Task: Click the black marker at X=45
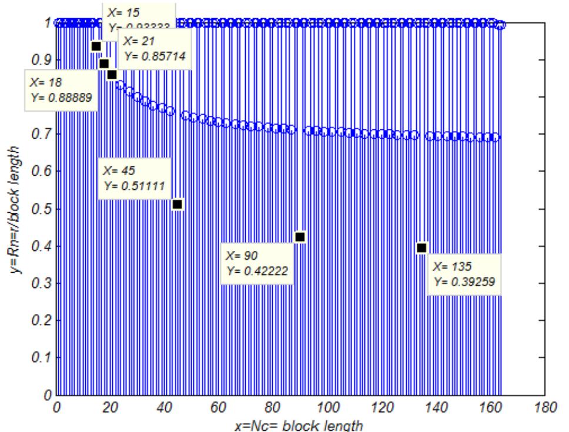(x=178, y=205)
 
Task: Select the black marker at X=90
(x=300, y=237)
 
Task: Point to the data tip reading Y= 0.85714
(x=155, y=49)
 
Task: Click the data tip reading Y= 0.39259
(x=464, y=274)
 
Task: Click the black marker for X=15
(x=96, y=46)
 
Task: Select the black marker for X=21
(x=112, y=75)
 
